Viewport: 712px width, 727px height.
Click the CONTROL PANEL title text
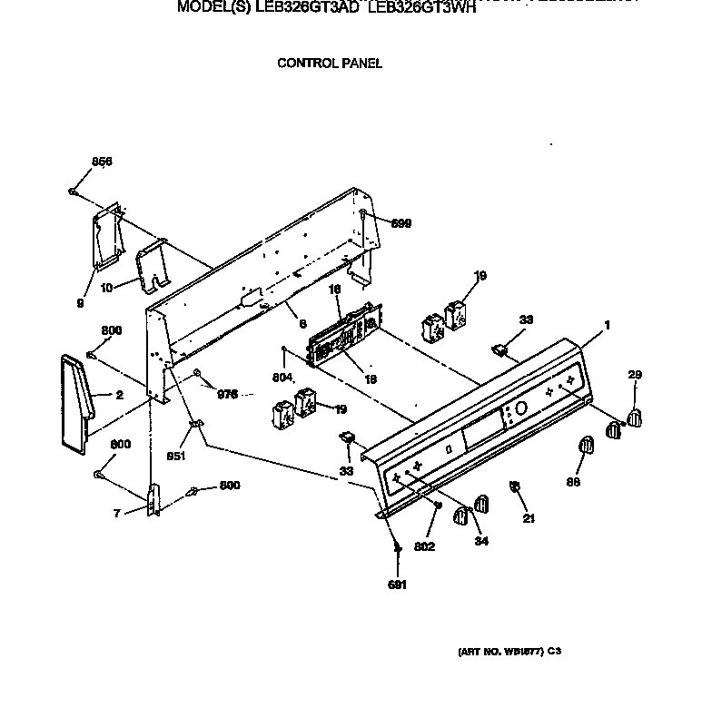pyautogui.click(x=329, y=64)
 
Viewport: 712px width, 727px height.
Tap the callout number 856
pyautogui.click(x=102, y=162)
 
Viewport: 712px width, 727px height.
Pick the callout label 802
pyautogui.click(x=424, y=546)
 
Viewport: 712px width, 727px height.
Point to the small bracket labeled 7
pyautogui.click(x=153, y=499)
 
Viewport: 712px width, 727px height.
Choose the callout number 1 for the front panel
pyautogui.click(x=607, y=326)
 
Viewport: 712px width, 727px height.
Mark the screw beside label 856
pyautogui.click(x=73, y=191)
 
